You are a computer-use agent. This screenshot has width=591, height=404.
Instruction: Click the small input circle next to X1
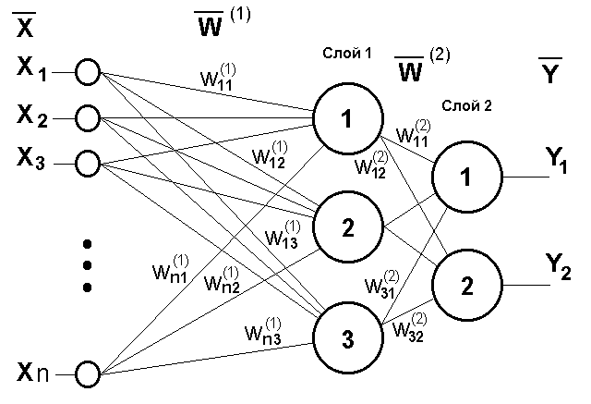pos(89,72)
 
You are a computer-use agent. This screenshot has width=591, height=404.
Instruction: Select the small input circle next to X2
pos(89,118)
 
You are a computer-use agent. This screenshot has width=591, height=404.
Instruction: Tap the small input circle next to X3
pos(89,163)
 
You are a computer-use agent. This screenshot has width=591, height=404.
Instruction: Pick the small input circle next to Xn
pos(89,374)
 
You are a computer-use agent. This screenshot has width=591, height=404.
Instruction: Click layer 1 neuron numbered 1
pos(347,118)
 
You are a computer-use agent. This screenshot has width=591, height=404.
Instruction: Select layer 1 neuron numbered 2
pos(347,228)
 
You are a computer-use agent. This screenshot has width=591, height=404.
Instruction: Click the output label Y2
pos(555,269)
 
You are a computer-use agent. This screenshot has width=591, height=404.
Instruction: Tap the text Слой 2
pos(466,105)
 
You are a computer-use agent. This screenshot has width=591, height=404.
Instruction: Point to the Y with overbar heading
pos(550,71)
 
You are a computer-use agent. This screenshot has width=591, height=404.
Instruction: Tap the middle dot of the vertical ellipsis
pos(88,266)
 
